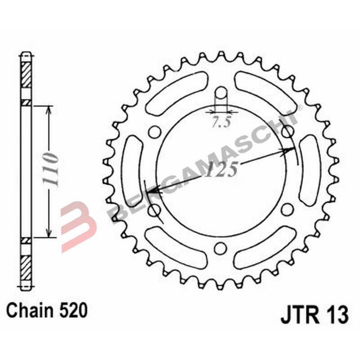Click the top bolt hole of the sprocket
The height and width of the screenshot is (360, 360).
tap(221, 94)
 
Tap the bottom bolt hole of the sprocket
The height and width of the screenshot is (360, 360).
tap(220, 248)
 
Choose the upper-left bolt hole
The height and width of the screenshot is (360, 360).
tap(154, 132)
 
